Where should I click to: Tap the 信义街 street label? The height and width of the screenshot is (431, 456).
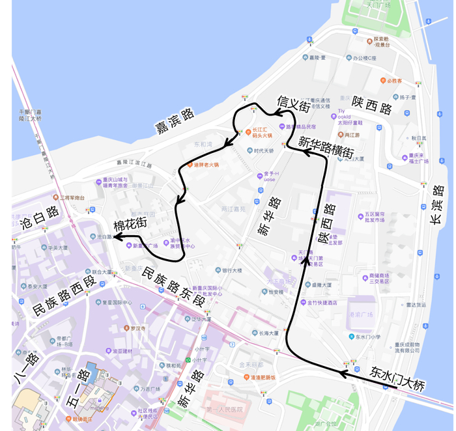click(292, 104)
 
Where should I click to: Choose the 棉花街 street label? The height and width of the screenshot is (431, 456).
click(131, 226)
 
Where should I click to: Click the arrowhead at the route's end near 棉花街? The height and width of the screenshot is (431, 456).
click(118, 238)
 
